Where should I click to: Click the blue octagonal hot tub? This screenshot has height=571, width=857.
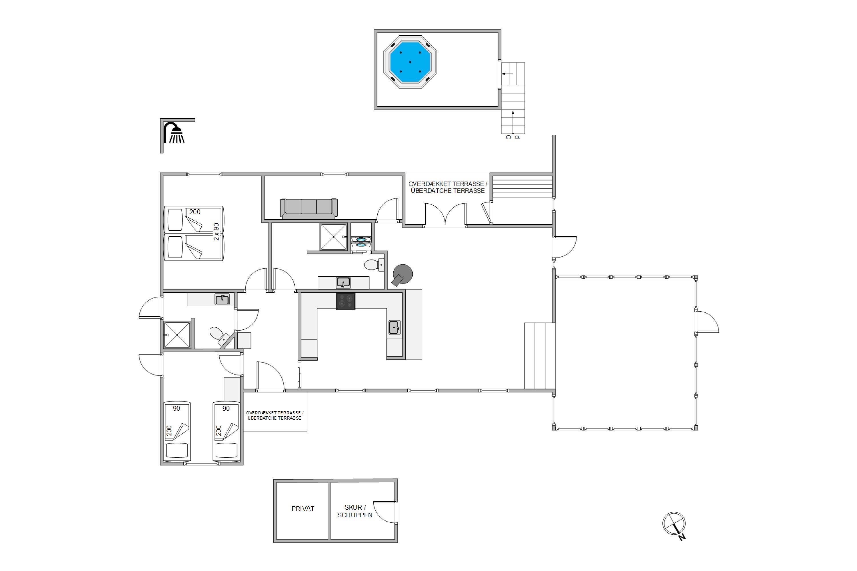click(x=410, y=62)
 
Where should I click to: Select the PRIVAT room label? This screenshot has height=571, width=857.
click(x=303, y=509)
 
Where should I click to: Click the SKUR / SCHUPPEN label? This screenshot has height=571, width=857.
click(x=355, y=511)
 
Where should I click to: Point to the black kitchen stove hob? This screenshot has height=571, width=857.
click(x=345, y=301)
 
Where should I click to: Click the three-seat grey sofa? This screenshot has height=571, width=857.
click(x=309, y=209)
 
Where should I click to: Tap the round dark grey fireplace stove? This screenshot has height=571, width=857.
click(x=403, y=274)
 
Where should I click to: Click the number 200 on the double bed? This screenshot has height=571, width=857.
click(x=195, y=212)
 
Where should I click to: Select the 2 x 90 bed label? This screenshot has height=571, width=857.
click(x=216, y=232)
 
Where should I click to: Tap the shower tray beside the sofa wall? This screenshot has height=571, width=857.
click(x=333, y=237)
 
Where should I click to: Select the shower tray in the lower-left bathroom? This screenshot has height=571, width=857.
click(x=177, y=334)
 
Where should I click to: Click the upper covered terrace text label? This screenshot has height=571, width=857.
click(x=448, y=187)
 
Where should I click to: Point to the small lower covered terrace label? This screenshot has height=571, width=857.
click(x=275, y=415)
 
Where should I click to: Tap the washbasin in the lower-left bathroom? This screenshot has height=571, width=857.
click(x=222, y=299)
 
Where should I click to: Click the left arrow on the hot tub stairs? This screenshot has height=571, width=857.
click(x=507, y=74)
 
